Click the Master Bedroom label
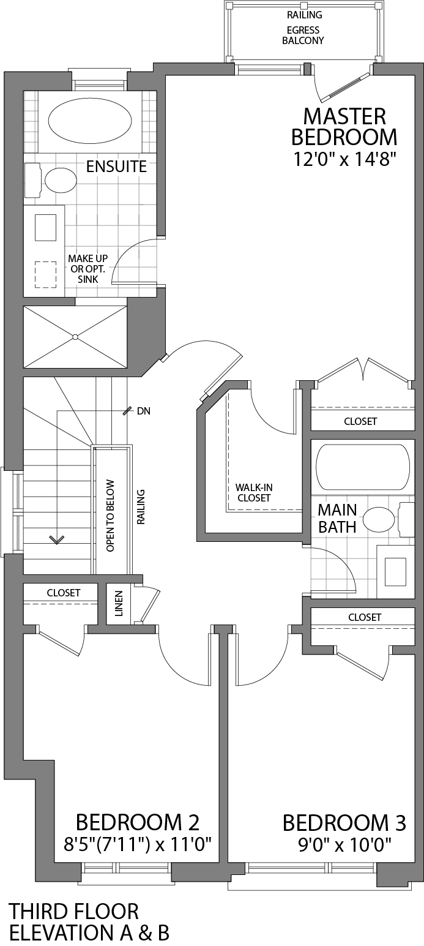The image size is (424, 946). [345, 126]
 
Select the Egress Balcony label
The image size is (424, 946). [305, 36]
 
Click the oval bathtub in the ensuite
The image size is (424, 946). [89, 121]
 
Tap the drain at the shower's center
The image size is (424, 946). [75, 337]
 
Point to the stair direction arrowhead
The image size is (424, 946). [57, 539]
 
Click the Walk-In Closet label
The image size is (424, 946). [253, 493]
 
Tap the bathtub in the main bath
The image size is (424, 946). [362, 467]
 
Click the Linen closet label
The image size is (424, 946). [119, 604]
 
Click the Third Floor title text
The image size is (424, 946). [73, 911]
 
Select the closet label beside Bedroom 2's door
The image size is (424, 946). [64, 593]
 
